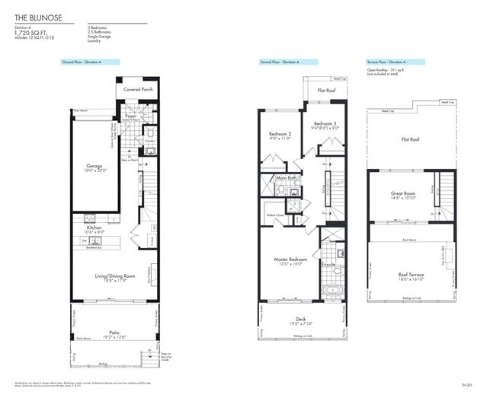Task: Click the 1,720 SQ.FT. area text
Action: [x=31, y=33]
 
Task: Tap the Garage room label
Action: [x=95, y=164]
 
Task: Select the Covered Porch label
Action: [x=138, y=89]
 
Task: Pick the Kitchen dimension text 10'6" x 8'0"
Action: [x=94, y=231]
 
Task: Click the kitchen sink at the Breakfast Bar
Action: [x=85, y=240]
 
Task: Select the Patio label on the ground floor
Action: [x=114, y=331]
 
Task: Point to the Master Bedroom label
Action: [x=290, y=259]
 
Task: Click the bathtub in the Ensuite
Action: [x=333, y=290]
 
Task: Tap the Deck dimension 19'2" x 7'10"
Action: [x=303, y=325]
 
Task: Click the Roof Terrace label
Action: [x=411, y=275]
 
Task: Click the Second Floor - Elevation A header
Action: [x=278, y=62]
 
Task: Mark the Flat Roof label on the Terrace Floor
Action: [x=410, y=139]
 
